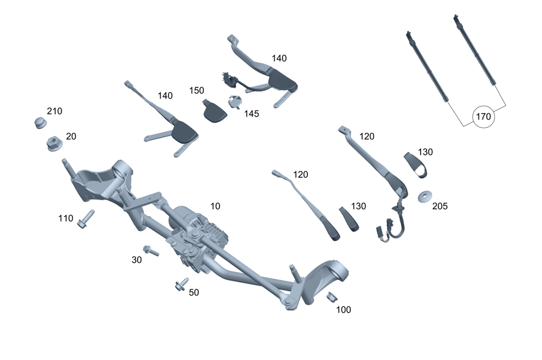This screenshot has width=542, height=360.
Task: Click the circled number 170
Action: (483, 116)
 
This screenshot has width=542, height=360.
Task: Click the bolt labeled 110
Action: (86, 220)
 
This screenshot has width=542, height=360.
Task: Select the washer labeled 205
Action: (425, 195)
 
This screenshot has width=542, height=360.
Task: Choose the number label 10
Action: (215, 206)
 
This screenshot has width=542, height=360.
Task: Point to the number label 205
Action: (440, 206)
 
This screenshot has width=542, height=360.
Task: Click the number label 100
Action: (344, 310)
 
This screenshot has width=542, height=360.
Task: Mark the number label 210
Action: (54, 111)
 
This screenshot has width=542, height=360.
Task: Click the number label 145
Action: (251, 114)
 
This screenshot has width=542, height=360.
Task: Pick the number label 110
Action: (66, 218)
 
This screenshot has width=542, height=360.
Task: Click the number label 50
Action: (193, 292)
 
